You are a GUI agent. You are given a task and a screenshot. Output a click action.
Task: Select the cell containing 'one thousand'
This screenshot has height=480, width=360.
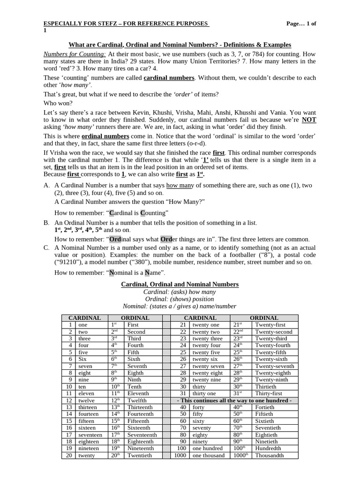[208, 455]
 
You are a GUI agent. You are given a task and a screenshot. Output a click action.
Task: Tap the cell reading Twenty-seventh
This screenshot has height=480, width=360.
[274, 366]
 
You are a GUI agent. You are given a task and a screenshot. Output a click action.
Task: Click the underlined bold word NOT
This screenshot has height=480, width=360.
[309, 120]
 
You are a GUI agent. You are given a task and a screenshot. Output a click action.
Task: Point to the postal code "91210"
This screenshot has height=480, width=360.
[70, 262]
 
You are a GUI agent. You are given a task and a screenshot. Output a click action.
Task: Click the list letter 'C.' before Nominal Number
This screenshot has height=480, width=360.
[46, 247]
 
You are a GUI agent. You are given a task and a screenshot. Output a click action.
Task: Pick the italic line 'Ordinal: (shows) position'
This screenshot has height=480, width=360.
[179, 299]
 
